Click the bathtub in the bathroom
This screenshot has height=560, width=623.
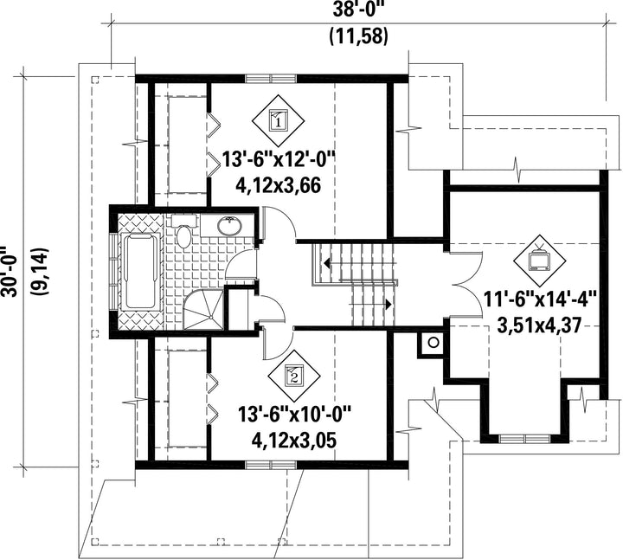(x=140, y=272)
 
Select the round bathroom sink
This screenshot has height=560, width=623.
(x=229, y=226)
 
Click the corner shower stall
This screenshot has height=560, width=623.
(x=203, y=309)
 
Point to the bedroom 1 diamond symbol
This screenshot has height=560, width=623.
(x=278, y=120)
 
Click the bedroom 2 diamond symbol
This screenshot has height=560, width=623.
(x=294, y=376)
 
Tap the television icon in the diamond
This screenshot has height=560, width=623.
(x=539, y=261)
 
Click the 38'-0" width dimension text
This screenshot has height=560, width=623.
(x=360, y=10)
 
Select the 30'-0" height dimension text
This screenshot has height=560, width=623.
(x=10, y=271)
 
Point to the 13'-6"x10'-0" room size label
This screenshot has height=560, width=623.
(x=294, y=415)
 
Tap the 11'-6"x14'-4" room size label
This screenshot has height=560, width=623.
(x=540, y=299)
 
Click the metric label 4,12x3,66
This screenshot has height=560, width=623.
(x=278, y=185)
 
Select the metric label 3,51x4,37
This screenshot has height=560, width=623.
(x=539, y=325)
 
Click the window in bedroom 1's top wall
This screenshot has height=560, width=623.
(x=271, y=78)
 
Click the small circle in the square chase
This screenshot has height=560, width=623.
(x=434, y=341)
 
